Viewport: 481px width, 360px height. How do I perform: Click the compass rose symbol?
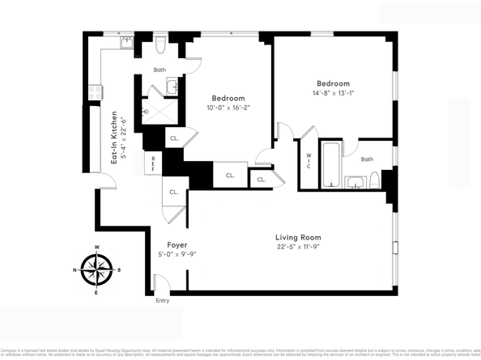[x=97, y=270]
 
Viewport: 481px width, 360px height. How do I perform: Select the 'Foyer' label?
[x=177, y=244]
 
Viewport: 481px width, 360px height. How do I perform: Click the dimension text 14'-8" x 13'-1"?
[x=334, y=93]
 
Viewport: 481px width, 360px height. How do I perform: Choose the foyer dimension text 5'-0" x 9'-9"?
[x=177, y=254]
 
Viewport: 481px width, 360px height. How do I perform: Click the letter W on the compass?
[x=97, y=248]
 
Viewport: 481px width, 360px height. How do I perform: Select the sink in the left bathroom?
[x=172, y=86]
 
